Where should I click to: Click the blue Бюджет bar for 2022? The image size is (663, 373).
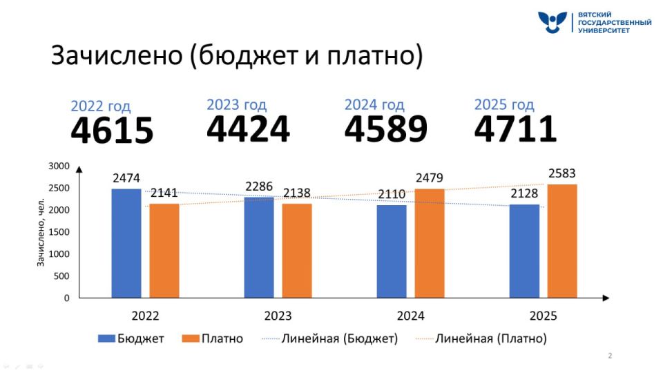click(126, 243)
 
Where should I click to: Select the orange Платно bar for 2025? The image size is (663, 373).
click(562, 241)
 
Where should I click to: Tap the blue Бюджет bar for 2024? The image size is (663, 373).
click(392, 251)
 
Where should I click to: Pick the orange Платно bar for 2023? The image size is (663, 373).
click(297, 251)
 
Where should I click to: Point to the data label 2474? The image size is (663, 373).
click(126, 179)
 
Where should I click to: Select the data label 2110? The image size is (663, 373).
click(392, 195)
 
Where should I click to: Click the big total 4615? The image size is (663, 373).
click(112, 131)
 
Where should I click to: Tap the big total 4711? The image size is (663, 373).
click(515, 128)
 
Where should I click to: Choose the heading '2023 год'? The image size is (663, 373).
click(236, 105)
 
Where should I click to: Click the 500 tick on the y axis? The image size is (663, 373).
click(62, 276)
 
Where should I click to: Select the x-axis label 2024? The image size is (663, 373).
click(410, 316)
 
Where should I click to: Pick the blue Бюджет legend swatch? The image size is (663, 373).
click(106, 338)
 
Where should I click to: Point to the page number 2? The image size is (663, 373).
click(610, 356)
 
